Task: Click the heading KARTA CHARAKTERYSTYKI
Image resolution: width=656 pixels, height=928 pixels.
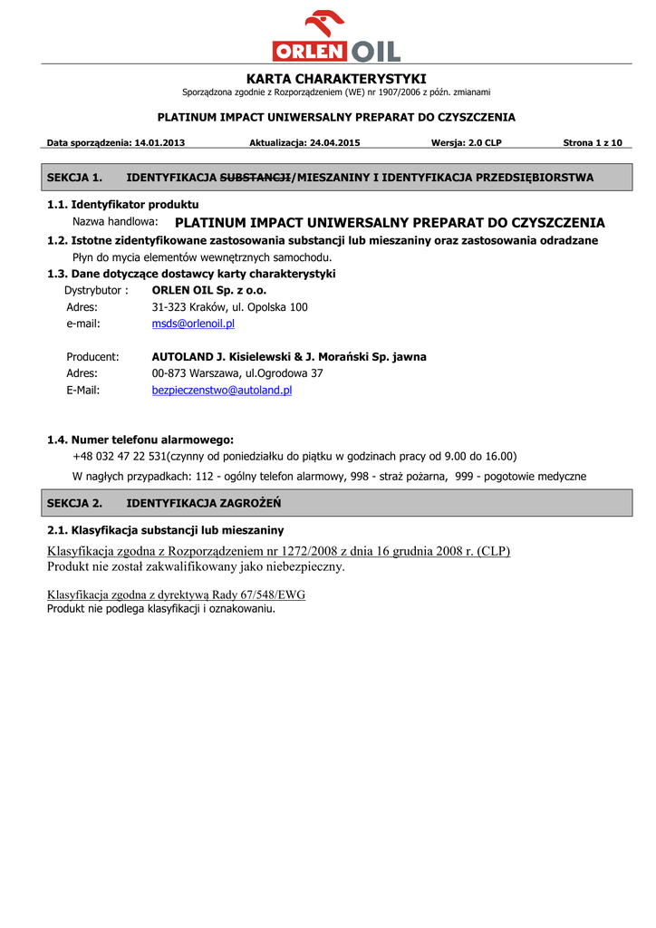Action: point(336,79)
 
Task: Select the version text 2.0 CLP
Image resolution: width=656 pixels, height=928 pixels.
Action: point(481,143)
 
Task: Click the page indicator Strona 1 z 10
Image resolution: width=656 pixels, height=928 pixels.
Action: point(593,143)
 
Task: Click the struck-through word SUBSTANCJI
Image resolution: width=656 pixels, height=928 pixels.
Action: point(256,178)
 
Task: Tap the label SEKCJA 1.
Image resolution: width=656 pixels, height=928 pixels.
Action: point(74,178)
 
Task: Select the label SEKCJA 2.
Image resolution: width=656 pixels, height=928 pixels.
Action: point(74,503)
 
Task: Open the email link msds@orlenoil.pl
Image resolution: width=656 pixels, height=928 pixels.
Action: point(193,324)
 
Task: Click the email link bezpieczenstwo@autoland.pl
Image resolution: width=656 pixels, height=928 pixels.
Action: point(222,391)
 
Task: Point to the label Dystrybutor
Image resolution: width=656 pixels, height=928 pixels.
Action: point(96,291)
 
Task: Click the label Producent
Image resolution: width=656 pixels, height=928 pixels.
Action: point(92,357)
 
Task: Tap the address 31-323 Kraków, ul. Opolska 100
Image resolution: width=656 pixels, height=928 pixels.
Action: point(229,307)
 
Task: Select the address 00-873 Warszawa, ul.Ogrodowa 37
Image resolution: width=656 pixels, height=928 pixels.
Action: point(237,373)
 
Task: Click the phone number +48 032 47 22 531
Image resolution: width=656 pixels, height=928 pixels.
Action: point(120,457)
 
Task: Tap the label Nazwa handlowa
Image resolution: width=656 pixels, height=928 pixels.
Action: point(115,222)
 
